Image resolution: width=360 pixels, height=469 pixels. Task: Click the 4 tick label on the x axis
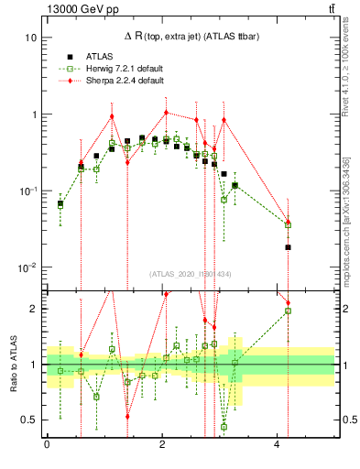[x=277, y=445]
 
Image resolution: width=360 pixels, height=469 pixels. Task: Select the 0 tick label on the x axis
[x=47, y=445]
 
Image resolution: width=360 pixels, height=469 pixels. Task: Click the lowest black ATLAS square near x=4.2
[x=288, y=247]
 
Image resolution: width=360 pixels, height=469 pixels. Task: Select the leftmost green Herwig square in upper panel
[x=60, y=205]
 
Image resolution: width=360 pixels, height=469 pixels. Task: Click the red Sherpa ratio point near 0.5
[x=127, y=416]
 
